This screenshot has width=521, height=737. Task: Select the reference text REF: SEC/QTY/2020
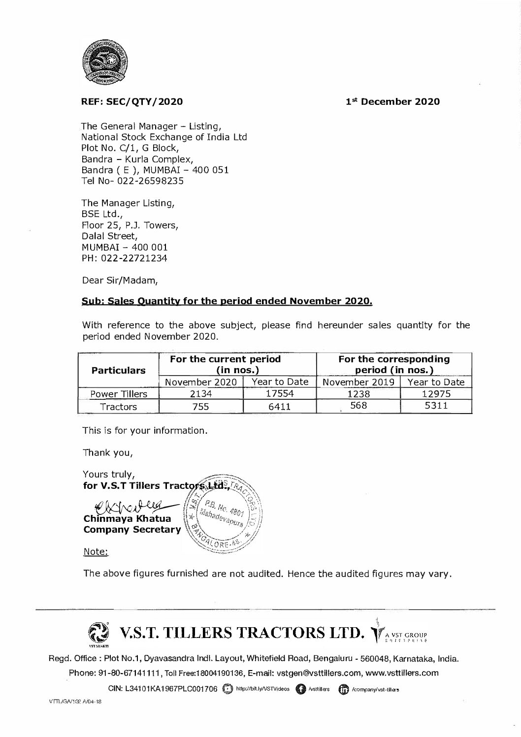coord(132,102)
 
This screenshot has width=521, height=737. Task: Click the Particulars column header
coord(119,370)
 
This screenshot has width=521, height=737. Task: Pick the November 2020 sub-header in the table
coord(201,382)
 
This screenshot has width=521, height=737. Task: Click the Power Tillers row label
coord(119,394)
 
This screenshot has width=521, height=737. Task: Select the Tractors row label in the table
coord(119,407)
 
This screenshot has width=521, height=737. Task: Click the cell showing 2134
coord(201,394)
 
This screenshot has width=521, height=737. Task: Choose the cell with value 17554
coord(279,394)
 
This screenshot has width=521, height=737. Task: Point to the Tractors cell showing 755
coord(201,407)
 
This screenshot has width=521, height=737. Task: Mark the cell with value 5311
coord(436,407)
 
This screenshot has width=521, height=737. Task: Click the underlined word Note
coord(96,551)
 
